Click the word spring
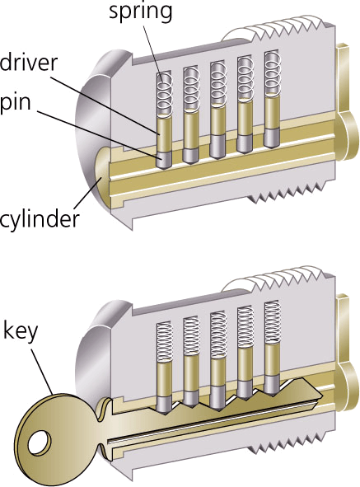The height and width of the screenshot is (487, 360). tap(140, 12)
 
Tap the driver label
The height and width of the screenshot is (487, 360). tap(29, 63)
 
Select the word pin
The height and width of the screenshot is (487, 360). tap(16, 102)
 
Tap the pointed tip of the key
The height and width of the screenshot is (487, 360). tap(321, 395)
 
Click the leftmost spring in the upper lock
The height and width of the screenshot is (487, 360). tap(164, 93)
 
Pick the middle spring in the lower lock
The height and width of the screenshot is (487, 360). tap(218, 335)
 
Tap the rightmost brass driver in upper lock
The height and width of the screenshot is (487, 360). tap(273, 111)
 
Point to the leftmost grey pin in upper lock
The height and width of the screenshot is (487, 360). tap(164, 160)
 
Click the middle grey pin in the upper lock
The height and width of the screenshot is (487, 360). tap(218, 147)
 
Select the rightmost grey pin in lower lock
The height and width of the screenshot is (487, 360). tap(273, 385)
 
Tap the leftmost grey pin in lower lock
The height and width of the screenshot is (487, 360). tap(164, 405)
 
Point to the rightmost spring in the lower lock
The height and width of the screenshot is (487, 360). tap(273, 323)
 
